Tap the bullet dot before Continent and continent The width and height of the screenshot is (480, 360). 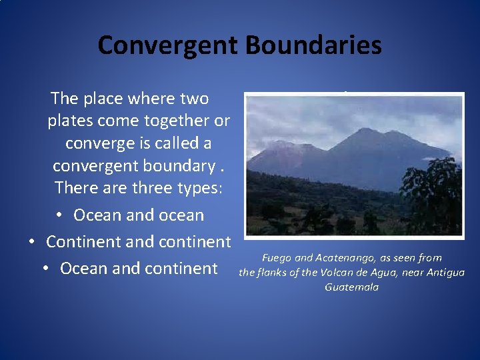(31, 242)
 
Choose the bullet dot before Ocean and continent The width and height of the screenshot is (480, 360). (45, 269)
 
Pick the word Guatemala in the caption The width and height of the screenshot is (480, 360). (351, 287)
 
